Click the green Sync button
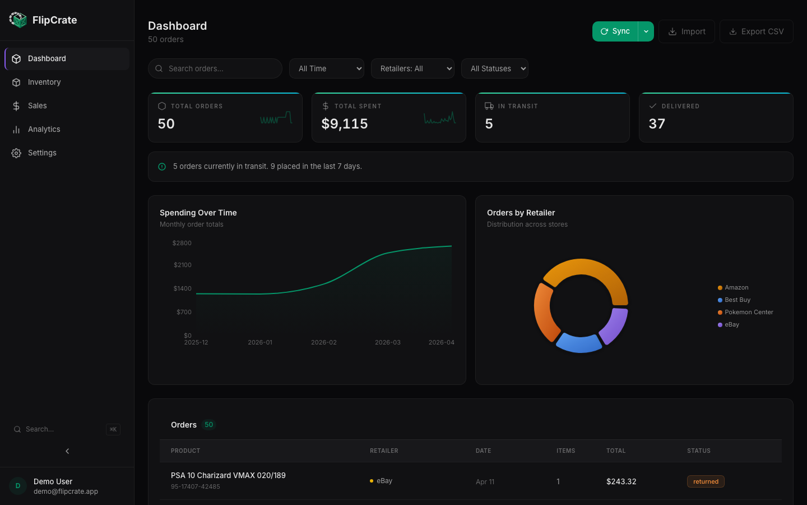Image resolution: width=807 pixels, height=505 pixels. pyautogui.click(x=615, y=31)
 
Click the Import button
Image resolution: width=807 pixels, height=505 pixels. pyautogui.click(x=687, y=31)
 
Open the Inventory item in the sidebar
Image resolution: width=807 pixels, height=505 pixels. pyautogui.click(x=44, y=82)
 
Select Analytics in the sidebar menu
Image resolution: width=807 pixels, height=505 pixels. pyautogui.click(x=44, y=129)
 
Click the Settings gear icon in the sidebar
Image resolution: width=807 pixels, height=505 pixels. pyautogui.click(x=16, y=153)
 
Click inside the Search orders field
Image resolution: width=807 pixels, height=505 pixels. pyautogui.click(x=219, y=68)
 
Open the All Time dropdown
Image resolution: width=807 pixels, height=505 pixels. pyautogui.click(x=327, y=68)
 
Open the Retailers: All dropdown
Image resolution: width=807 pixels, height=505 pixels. pyautogui.click(x=412, y=68)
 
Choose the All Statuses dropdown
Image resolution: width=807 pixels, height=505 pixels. pyautogui.click(x=494, y=68)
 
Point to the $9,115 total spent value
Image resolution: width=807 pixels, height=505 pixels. pyautogui.click(x=345, y=124)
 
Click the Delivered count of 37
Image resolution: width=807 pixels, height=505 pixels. pyautogui.click(x=657, y=124)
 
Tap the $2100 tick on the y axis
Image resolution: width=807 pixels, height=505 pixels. pyautogui.click(x=183, y=265)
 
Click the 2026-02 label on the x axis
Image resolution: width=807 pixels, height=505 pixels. pyautogui.click(x=324, y=342)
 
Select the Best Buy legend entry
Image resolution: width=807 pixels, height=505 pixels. pyautogui.click(x=737, y=300)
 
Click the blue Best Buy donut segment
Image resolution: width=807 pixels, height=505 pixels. pyautogui.click(x=579, y=343)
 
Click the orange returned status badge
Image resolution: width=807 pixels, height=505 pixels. pyautogui.click(x=706, y=481)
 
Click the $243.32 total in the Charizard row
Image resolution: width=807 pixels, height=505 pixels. pyautogui.click(x=621, y=481)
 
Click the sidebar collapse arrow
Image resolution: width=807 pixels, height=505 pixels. pyautogui.click(x=67, y=451)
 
